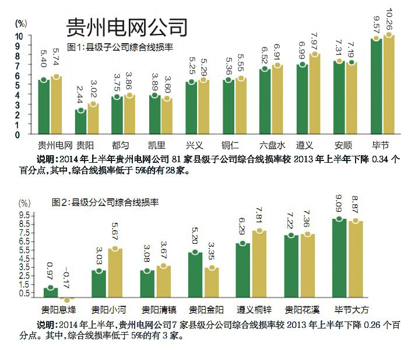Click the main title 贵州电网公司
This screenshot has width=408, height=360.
click(127, 26)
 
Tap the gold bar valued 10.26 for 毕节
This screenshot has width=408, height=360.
click(388, 85)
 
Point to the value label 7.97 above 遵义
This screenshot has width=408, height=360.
click(315, 42)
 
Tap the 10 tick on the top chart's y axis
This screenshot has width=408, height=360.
click(18, 36)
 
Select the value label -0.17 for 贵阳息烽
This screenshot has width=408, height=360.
click(68, 276)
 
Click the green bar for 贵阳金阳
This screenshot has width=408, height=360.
click(195, 274)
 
